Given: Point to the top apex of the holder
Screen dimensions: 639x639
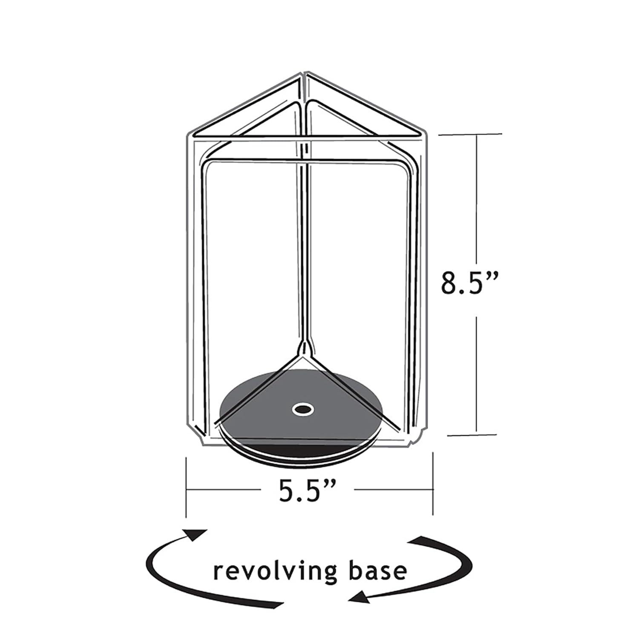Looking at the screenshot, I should tap(303, 75).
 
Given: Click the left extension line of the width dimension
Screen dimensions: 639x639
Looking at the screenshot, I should tap(186, 486).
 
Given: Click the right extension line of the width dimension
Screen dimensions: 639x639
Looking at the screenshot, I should tap(432, 486).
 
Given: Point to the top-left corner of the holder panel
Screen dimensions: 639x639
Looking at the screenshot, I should tap(188, 136).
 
